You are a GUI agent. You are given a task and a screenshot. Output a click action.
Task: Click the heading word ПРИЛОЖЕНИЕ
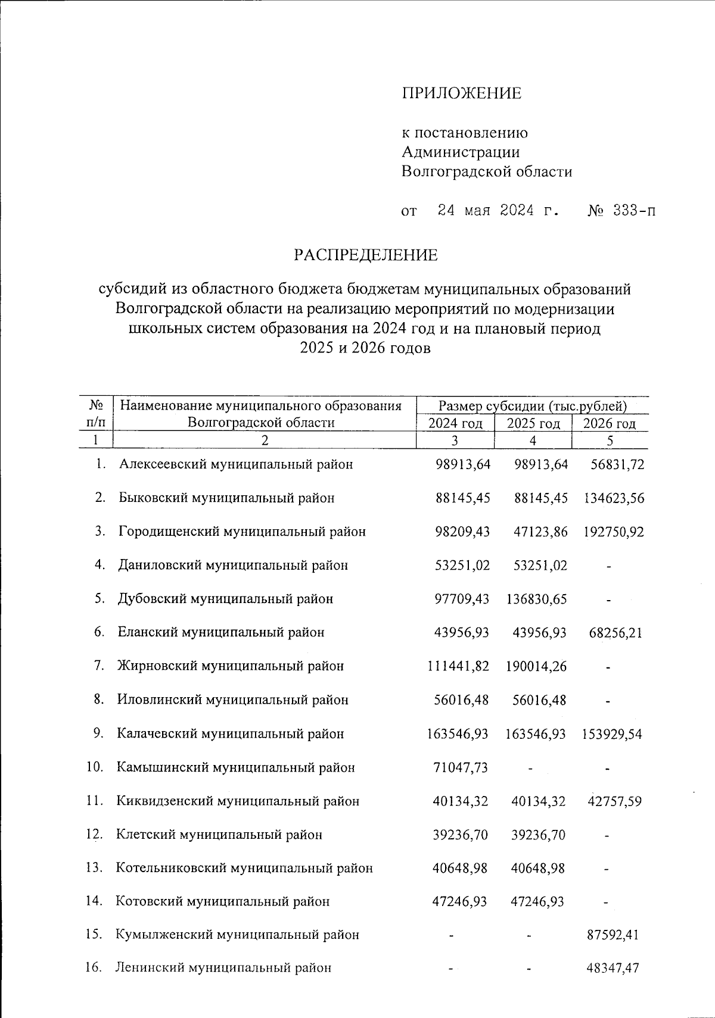tap(461, 93)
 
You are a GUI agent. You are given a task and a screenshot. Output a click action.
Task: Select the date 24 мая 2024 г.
tap(498, 211)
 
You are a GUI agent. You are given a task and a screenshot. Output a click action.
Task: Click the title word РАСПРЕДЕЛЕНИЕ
tap(365, 255)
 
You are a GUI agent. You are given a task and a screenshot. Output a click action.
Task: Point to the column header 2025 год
tap(533, 424)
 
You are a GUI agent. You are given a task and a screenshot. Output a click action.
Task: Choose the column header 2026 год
tap(609, 424)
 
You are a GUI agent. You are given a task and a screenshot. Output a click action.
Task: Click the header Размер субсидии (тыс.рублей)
tap(533, 407)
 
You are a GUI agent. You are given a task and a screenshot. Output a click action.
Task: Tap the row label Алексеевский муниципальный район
tap(236, 464)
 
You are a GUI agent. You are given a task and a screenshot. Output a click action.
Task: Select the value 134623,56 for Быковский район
tap(613, 498)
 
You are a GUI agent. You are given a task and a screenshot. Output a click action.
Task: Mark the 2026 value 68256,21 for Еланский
tap(615, 633)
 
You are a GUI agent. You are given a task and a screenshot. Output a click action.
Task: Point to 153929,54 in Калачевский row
tap(612, 734)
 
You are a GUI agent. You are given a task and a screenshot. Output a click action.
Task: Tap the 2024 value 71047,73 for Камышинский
tap(461, 768)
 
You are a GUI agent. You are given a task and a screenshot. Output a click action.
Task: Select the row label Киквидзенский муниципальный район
tap(238, 801)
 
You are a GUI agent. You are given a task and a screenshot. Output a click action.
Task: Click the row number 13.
tap(94, 868)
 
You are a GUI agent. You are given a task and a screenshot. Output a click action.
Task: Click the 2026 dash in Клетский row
tap(607, 835)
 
